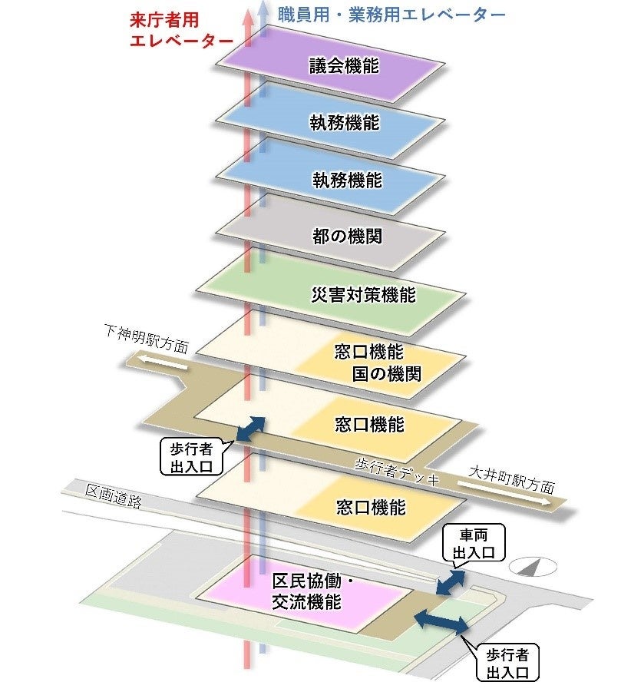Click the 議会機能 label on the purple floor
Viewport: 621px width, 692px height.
[x=344, y=66]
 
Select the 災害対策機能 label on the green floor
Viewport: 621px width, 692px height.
[x=364, y=294]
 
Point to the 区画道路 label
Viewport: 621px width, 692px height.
[x=114, y=497]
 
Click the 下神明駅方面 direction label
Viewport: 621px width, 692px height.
[x=146, y=337]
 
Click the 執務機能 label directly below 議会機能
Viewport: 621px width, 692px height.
[x=345, y=123]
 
